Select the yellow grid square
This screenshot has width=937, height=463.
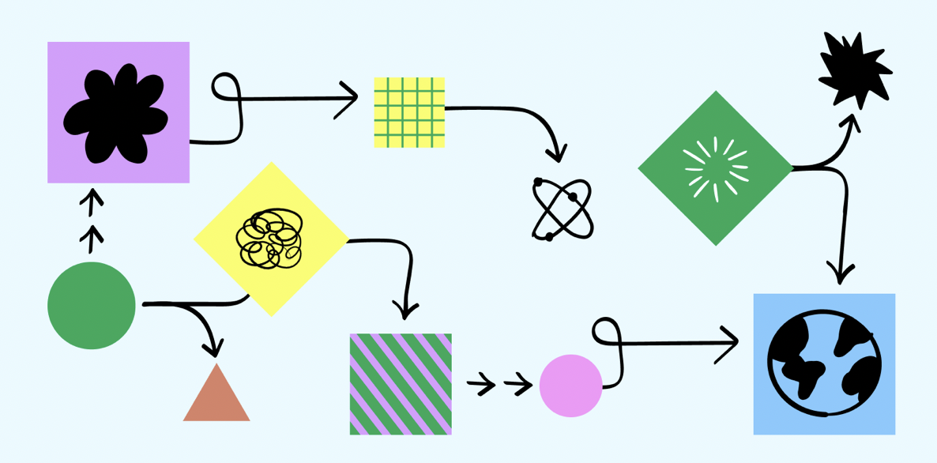pos(409,112)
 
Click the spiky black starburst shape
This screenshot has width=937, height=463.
pos(854,70)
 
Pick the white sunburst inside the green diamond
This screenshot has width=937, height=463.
pos(716,168)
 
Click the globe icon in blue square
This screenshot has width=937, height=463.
pos(824,363)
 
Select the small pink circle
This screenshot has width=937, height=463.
pos(570,386)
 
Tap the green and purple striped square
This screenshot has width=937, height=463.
pos(401,384)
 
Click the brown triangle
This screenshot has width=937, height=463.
pos(216,395)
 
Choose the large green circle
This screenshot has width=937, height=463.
pos(92,306)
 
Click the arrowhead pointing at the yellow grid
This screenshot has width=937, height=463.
pos(353,99)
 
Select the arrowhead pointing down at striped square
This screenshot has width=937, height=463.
pos(405,311)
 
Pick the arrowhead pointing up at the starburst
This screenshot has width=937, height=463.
pos(851,121)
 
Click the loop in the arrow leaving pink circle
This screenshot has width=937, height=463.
pos(605,331)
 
